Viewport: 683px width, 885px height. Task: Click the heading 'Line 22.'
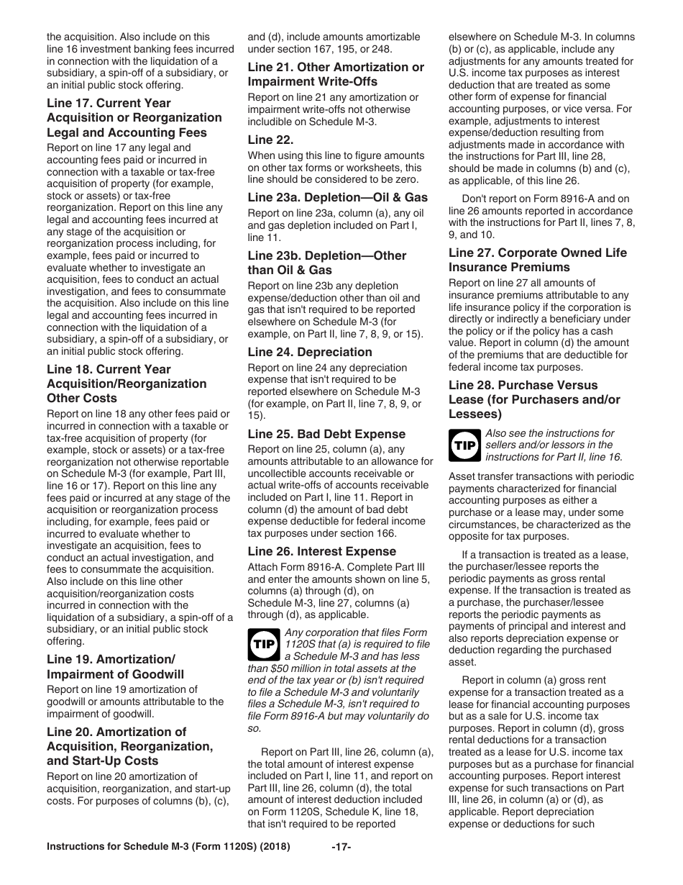point(270,140)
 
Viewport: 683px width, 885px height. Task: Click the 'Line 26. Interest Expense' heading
point(321,551)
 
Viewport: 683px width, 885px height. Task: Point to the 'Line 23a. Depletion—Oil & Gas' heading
point(337,197)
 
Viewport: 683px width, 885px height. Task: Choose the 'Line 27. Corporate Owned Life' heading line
point(537,253)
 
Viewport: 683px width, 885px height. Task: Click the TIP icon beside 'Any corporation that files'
point(263,644)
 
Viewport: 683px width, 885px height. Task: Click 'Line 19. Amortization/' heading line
point(111,659)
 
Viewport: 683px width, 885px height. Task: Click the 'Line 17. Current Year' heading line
point(109,103)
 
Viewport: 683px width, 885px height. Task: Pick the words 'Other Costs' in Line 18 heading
point(81,398)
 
